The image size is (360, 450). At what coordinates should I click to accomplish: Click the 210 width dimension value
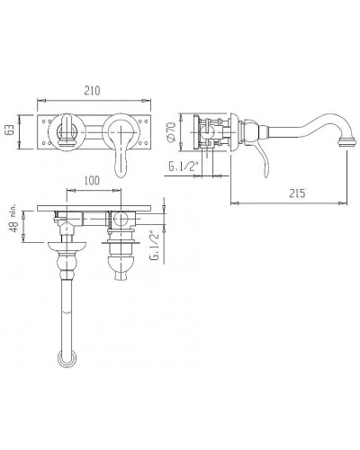92,90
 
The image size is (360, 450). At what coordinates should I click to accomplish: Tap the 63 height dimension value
10,130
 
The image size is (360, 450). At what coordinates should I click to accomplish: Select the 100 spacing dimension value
92,181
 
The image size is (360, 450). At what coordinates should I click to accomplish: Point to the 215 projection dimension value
297,193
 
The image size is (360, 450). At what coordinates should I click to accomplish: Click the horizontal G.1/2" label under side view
182,166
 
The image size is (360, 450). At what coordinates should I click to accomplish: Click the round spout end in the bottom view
67,359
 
